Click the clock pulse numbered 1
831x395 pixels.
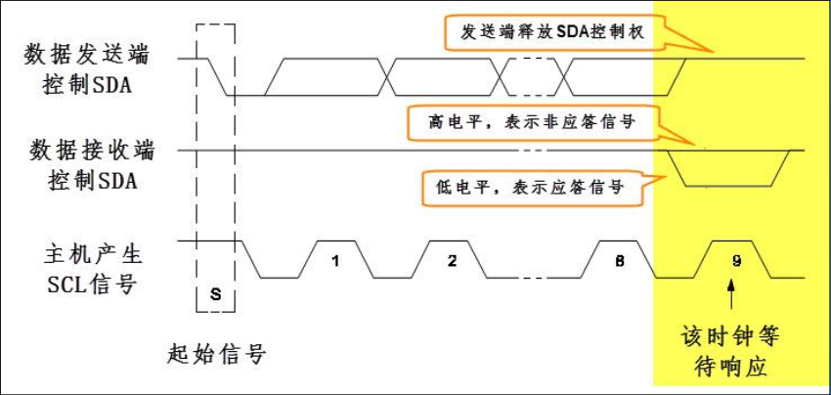click(x=334, y=261)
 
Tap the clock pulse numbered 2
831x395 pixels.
click(x=452, y=261)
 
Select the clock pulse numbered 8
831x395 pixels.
click(x=619, y=261)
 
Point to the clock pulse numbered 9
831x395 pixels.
click(x=736, y=261)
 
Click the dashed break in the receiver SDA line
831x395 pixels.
click(x=531, y=151)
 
